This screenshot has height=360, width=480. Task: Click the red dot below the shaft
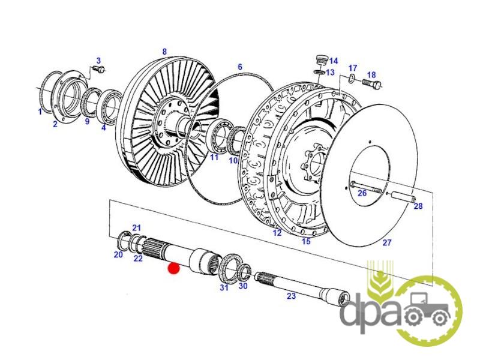point(173,268)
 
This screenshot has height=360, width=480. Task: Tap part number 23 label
point(291,296)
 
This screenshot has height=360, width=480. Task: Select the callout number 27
point(386,242)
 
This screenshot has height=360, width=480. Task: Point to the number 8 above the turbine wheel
point(164,52)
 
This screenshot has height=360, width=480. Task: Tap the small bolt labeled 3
point(99,70)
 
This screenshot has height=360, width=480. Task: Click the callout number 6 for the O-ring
point(239,67)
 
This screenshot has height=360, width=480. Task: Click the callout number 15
point(306,241)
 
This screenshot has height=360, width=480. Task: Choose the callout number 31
point(224,288)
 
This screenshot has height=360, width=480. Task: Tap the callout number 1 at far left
point(40,112)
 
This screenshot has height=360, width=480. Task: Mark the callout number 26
point(362,193)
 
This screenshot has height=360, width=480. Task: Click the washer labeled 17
point(352,79)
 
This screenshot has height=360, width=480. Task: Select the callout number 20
point(118,254)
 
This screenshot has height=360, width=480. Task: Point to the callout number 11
point(214,157)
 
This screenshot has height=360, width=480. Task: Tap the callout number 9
point(87,121)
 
